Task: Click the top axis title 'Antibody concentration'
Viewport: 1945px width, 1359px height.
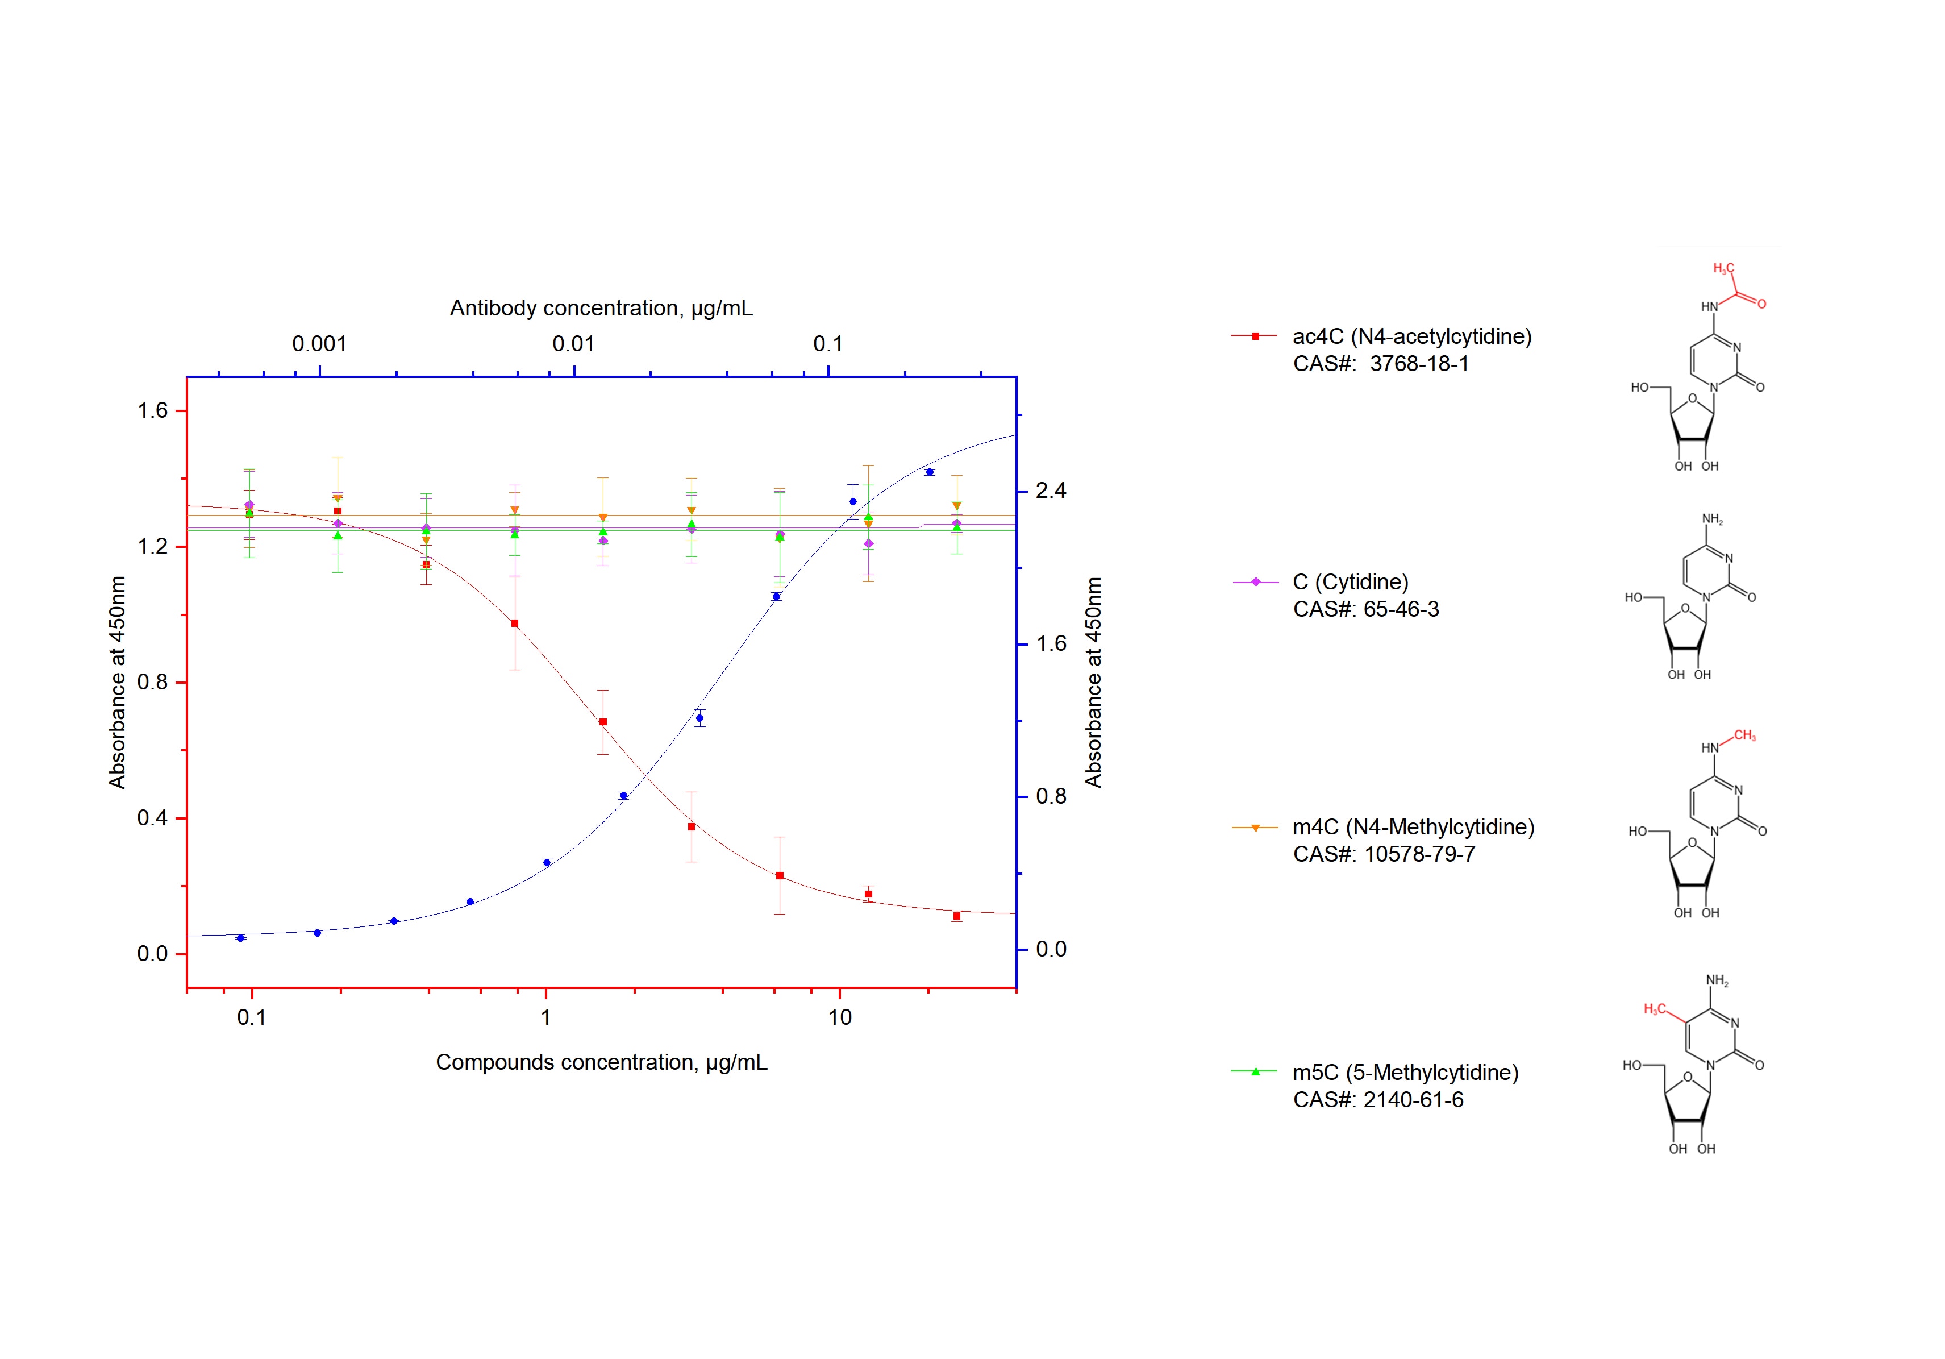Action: (601, 309)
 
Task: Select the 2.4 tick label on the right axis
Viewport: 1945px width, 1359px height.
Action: (1051, 491)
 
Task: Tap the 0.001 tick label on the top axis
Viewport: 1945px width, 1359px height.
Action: (319, 344)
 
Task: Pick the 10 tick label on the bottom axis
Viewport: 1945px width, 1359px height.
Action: (839, 1017)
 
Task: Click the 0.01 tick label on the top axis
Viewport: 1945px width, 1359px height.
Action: (573, 344)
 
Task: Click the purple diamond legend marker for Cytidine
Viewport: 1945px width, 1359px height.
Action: (1255, 582)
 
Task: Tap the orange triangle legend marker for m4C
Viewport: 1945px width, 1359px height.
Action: (1255, 827)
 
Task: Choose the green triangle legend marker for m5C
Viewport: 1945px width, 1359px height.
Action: (1255, 1072)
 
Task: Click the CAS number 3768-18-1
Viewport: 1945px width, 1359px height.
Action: (1419, 364)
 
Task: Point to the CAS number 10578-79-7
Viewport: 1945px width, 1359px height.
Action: (1419, 854)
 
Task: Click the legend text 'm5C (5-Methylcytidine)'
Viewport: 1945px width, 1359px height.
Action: (1405, 1073)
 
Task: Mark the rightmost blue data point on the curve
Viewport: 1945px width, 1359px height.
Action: (929, 472)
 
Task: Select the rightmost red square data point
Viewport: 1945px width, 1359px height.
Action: (956, 916)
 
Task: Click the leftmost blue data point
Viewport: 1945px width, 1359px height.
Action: (240, 938)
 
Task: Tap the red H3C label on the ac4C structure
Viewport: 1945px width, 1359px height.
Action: (1723, 269)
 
